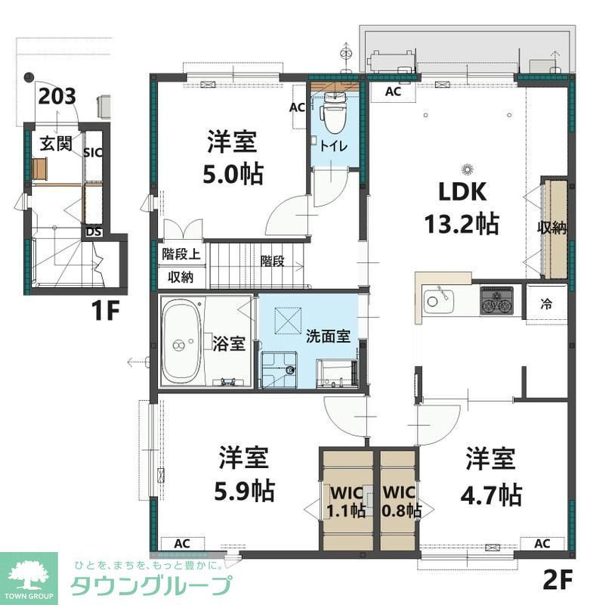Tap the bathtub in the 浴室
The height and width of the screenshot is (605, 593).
181,343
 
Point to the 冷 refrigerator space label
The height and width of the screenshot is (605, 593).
545,304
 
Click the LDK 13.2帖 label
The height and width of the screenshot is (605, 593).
467,207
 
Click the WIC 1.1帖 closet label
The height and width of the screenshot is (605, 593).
347,501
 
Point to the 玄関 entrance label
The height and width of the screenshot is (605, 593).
56,143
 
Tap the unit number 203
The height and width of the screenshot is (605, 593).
57,96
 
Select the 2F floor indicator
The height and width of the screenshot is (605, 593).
559,581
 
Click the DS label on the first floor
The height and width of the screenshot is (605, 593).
93,232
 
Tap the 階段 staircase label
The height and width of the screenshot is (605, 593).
272,261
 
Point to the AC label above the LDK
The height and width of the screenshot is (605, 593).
393,92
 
